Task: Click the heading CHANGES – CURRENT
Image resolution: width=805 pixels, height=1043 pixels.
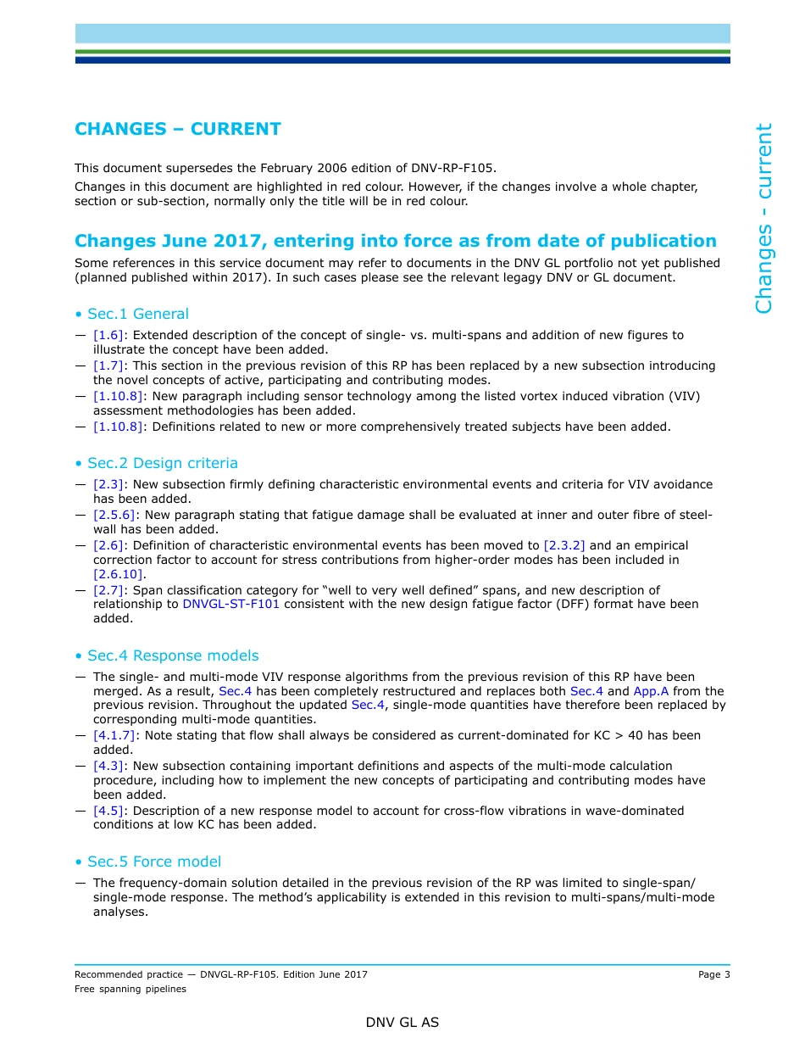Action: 178,129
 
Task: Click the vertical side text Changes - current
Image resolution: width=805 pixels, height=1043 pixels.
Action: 764,219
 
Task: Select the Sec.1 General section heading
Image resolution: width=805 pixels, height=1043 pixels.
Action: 137,314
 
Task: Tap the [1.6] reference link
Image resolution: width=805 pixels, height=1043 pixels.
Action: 109,335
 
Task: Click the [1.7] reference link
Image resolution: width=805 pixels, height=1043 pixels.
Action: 109,365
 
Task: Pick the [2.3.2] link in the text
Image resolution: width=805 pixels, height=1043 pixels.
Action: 563,545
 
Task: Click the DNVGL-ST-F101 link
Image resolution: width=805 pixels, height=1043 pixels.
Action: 230,604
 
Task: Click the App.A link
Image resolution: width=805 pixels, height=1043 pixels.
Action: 651,691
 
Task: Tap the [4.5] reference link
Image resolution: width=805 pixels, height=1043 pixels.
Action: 109,811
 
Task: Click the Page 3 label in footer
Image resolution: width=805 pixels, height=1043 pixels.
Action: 713,974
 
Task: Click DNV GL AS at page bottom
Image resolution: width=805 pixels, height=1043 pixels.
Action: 402,1023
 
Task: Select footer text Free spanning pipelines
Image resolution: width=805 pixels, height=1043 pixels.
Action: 130,989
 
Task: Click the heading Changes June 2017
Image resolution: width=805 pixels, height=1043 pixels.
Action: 395,241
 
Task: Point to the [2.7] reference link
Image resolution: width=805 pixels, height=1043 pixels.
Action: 109,590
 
